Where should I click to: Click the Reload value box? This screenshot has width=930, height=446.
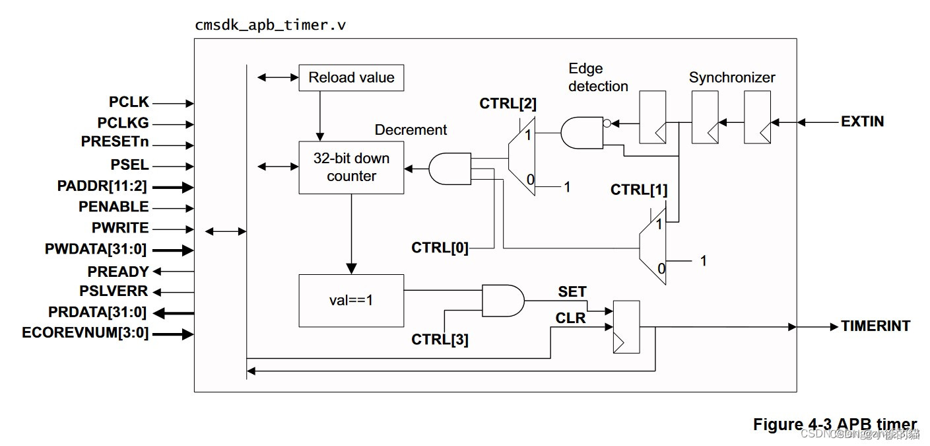[x=351, y=78]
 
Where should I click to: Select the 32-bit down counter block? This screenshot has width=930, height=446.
[x=351, y=167]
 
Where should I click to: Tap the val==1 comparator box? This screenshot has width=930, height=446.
[x=351, y=300]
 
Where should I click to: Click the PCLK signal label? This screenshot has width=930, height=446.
[x=129, y=102]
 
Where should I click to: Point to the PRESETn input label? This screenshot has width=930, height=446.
[x=115, y=141]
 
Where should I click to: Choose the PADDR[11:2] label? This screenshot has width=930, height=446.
[x=102, y=186]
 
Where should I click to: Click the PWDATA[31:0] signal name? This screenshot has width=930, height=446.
[x=96, y=249]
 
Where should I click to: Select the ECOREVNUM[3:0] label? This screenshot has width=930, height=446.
[x=85, y=333]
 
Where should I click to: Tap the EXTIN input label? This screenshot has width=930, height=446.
[x=862, y=122]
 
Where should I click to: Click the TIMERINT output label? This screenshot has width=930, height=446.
[x=875, y=326]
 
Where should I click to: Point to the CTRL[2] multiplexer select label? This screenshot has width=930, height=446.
[x=508, y=103]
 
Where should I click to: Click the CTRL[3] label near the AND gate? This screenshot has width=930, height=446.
[x=440, y=340]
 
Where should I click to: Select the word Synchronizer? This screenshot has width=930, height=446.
[x=732, y=77]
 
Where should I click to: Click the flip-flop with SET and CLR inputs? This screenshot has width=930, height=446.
[x=626, y=327]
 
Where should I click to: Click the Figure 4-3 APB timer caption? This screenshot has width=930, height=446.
[x=835, y=424]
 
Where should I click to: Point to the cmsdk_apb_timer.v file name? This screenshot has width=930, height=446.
[x=271, y=26]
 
